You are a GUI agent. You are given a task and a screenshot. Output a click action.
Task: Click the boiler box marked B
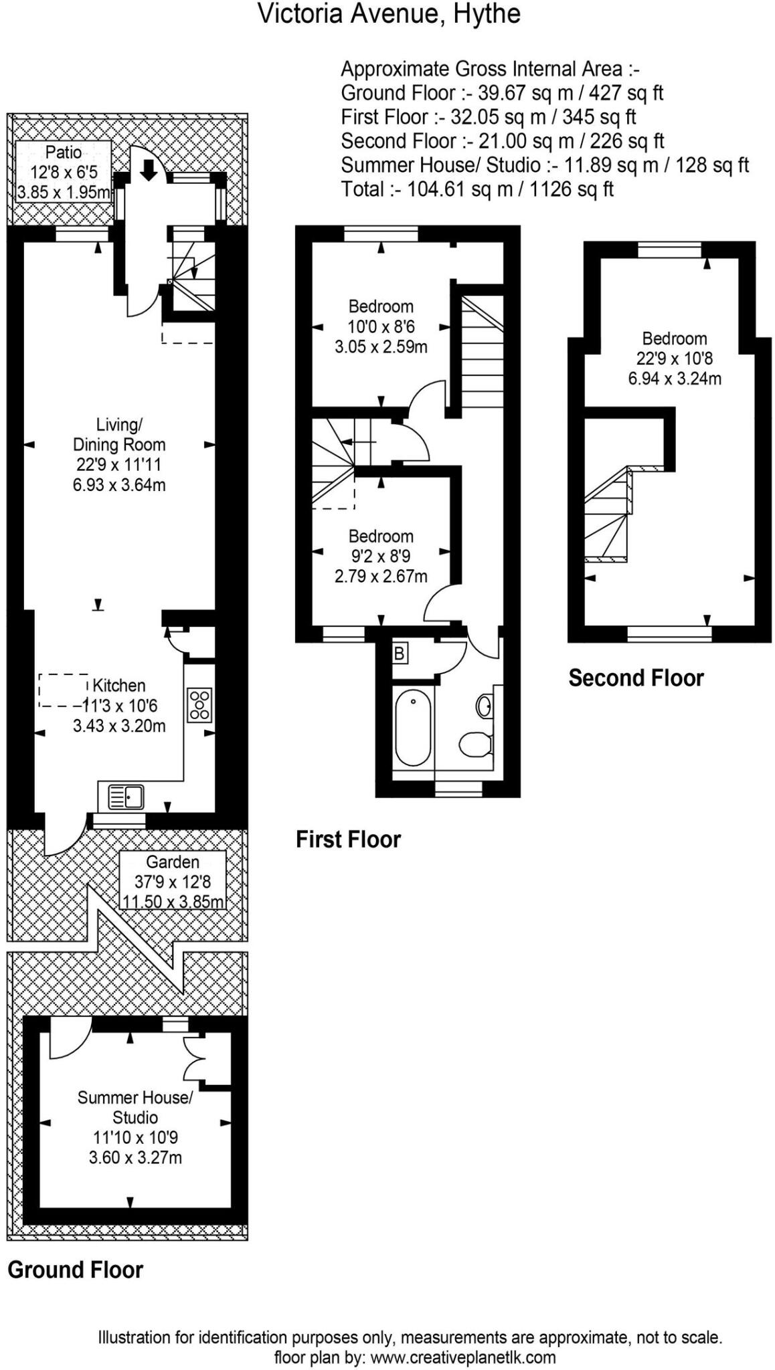pyautogui.click(x=400, y=653)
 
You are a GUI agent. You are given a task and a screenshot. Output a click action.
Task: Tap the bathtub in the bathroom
pyautogui.click(x=414, y=728)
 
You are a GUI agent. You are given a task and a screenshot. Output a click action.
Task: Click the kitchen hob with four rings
pyautogui.click(x=199, y=705)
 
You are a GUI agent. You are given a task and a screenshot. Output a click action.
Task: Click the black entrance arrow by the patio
pyautogui.click(x=149, y=171)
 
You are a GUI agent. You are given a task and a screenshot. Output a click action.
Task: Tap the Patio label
pyautogui.click(x=64, y=152)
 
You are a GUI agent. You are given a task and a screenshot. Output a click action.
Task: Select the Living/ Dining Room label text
pyautogui.click(x=119, y=435)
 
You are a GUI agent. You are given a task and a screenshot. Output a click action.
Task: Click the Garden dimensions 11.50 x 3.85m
pyautogui.click(x=173, y=901)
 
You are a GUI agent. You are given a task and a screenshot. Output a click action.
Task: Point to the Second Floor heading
pyautogui.click(x=636, y=678)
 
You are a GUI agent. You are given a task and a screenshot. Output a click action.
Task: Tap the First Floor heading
pyautogui.click(x=348, y=839)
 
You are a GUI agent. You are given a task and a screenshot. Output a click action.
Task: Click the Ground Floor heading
pyautogui.click(x=75, y=1270)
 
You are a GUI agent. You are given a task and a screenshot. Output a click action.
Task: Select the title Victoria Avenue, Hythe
pyautogui.click(x=389, y=13)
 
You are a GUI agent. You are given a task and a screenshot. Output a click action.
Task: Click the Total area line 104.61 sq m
pyautogui.click(x=477, y=189)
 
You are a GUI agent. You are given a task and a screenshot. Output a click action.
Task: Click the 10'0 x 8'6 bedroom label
pyautogui.click(x=381, y=327)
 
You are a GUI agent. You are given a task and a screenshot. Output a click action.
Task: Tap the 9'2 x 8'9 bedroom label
pyautogui.click(x=381, y=556)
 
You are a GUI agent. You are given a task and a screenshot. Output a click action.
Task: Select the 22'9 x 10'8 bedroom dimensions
pyautogui.click(x=674, y=359)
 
